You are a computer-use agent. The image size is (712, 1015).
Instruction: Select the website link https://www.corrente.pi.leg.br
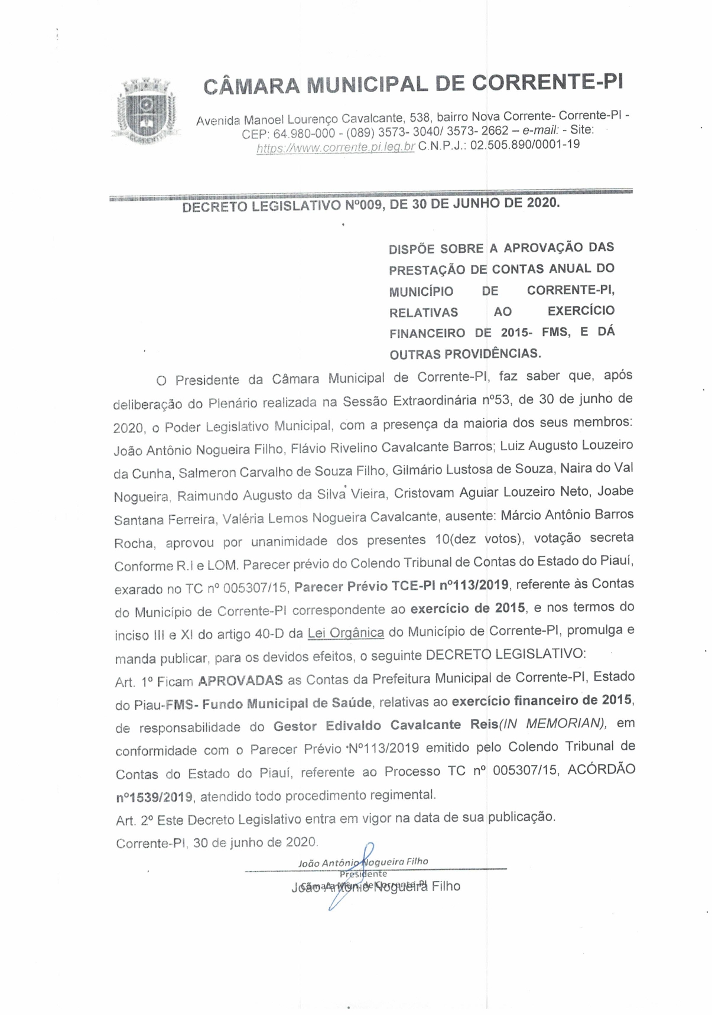click(336, 147)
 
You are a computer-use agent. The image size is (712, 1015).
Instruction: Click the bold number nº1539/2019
click(154, 797)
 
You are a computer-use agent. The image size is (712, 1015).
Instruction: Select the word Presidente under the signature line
click(363, 874)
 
